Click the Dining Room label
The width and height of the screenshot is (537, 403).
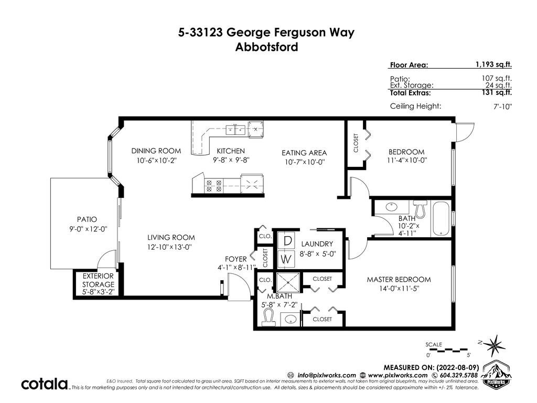pos(156,151)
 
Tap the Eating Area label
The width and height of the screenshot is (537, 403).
pos(304,153)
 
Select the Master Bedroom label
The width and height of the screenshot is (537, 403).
pos(399,280)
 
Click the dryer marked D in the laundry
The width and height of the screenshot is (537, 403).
pos(287,241)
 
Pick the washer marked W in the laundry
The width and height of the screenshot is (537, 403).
pos(287,259)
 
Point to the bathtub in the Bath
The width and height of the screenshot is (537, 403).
pos(441,218)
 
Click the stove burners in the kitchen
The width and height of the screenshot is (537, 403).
pos(214,186)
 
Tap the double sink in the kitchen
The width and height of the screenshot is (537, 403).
pos(235,130)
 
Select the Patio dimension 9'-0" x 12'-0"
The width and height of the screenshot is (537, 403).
pos(88,229)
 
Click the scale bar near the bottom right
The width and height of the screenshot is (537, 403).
pos(447,350)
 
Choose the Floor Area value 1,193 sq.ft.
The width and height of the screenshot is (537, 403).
pos(493,65)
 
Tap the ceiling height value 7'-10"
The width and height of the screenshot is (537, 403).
pos(502,106)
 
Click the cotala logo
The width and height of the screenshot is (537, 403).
pos(45,384)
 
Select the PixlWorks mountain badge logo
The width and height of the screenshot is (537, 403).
pos(496,374)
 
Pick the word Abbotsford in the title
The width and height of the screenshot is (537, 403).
pos(266,47)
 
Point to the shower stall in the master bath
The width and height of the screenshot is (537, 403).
pos(288,283)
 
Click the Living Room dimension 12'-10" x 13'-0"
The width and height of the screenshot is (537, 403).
pos(169,247)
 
